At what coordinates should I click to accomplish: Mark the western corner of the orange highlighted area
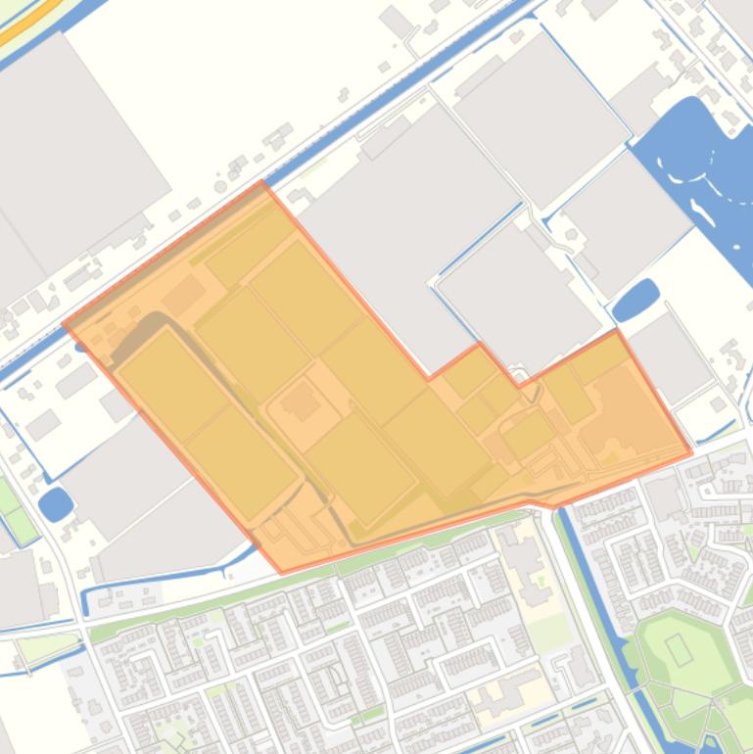65,324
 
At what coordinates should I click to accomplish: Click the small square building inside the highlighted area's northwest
183,294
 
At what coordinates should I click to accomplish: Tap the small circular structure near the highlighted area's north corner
220,186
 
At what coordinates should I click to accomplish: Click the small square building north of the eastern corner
719,403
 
